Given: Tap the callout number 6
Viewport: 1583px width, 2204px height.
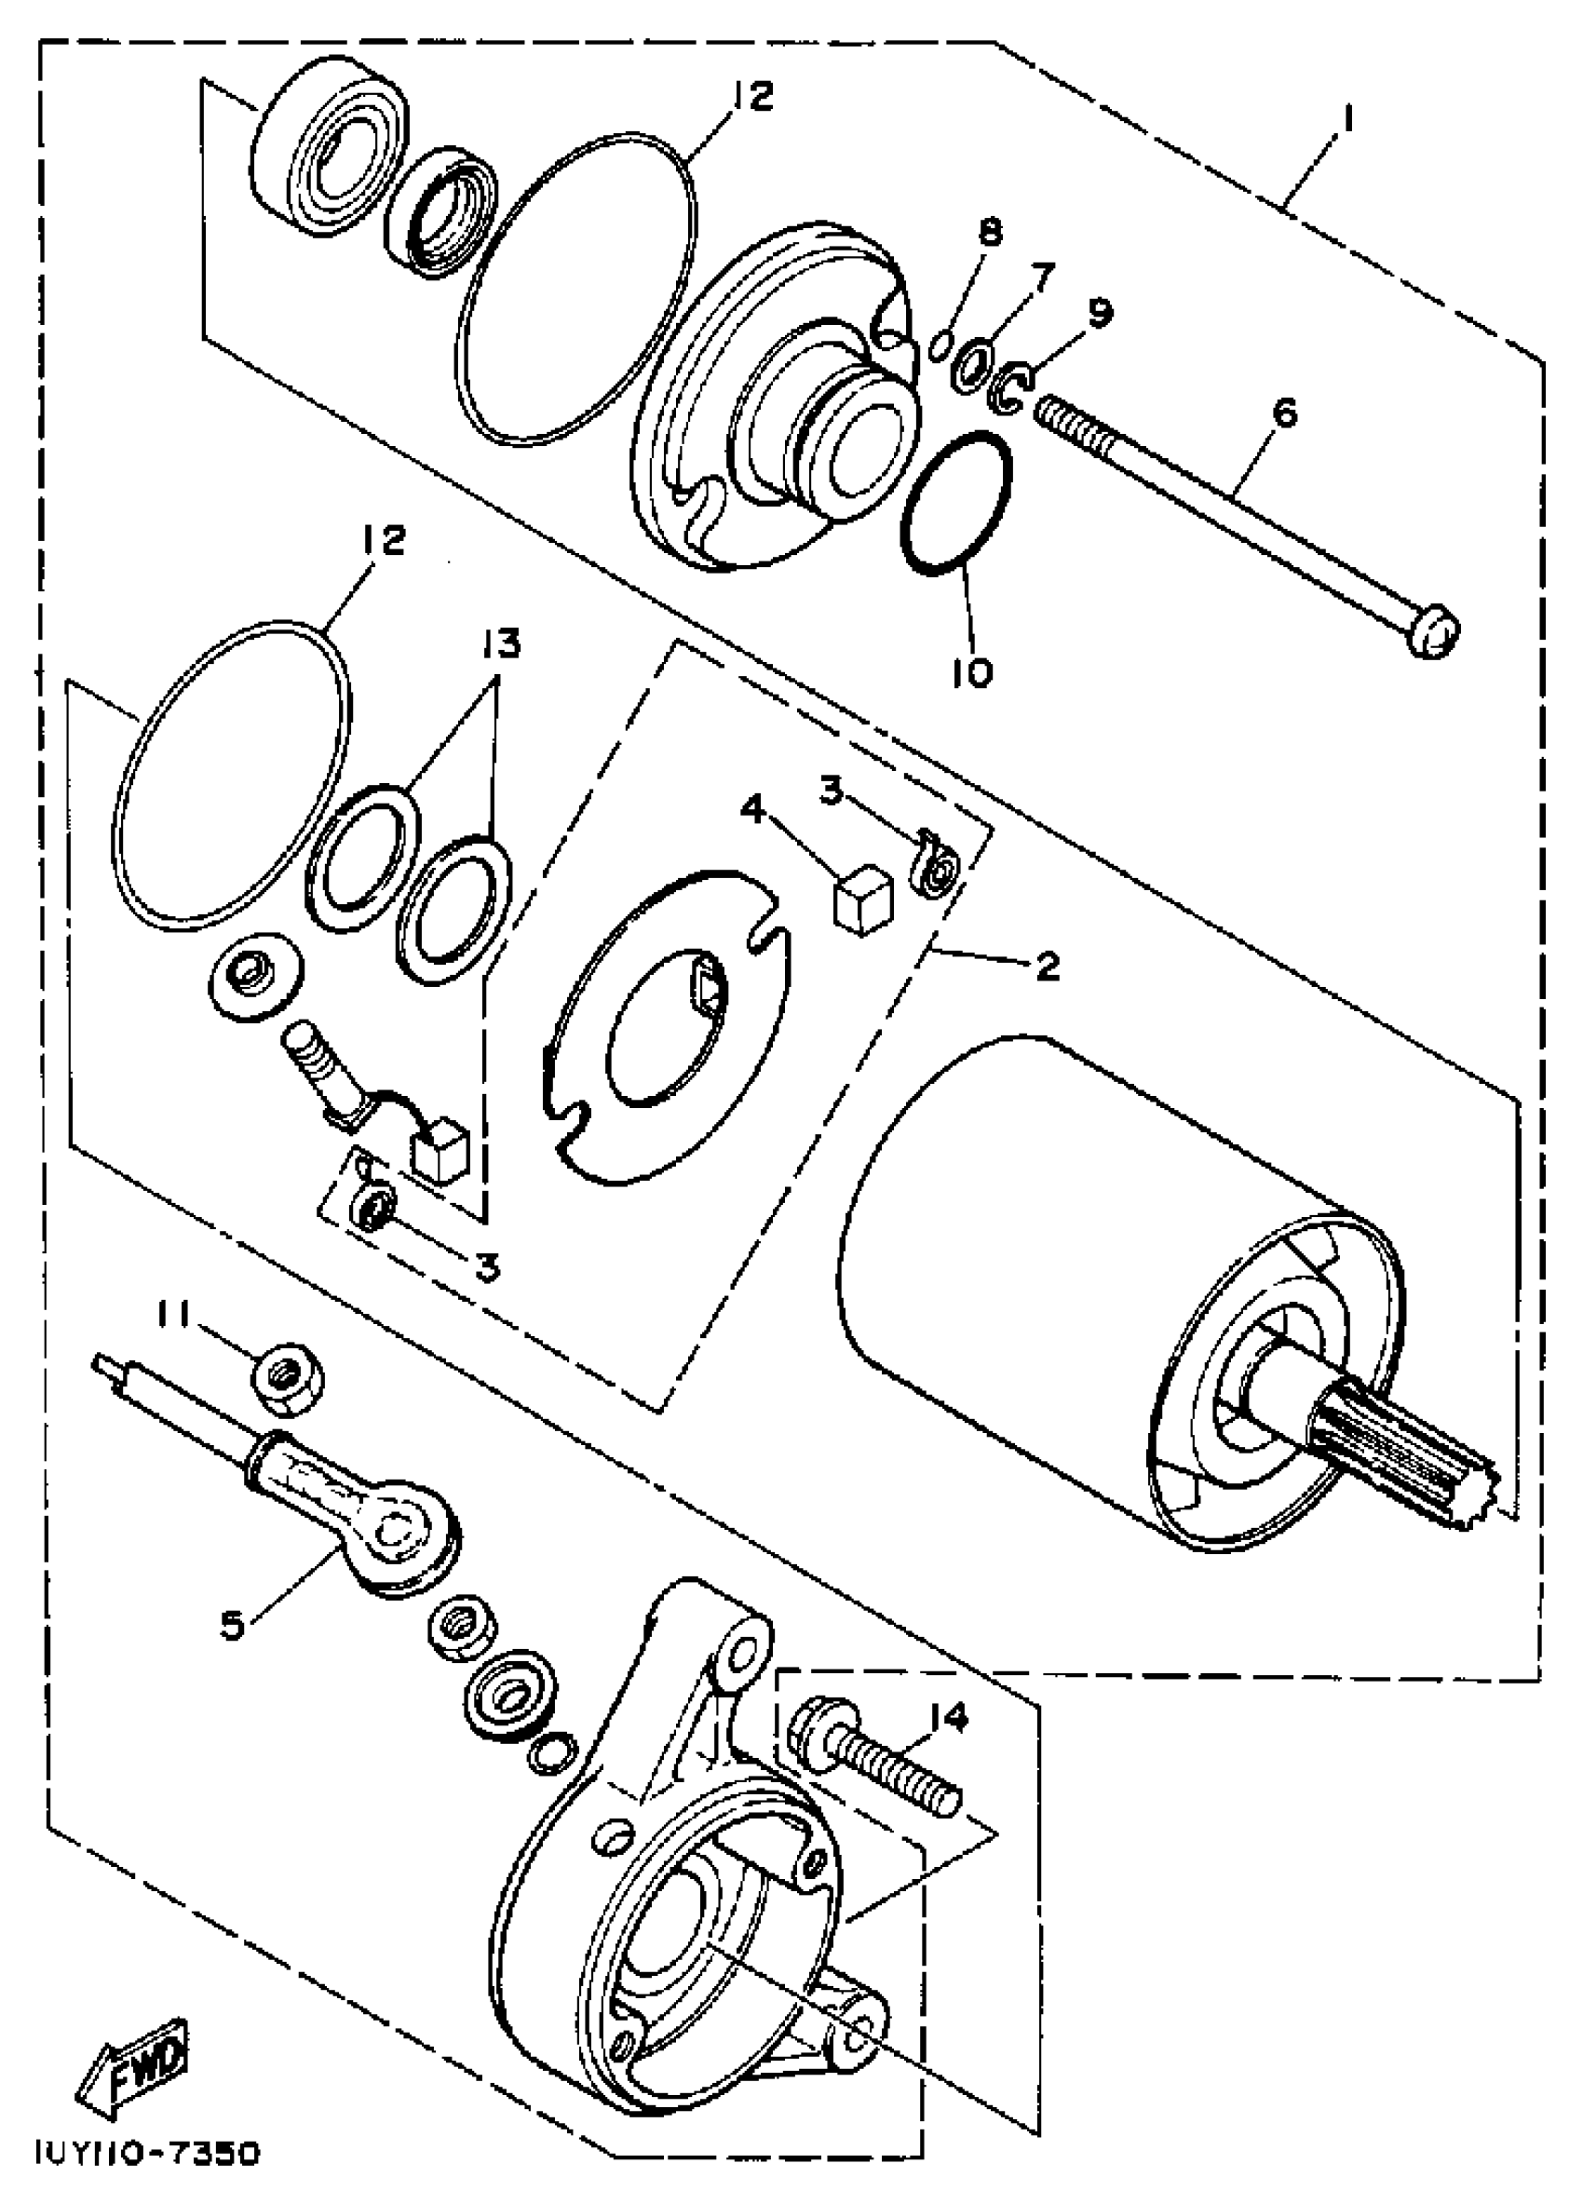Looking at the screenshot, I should [x=1284, y=414].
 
